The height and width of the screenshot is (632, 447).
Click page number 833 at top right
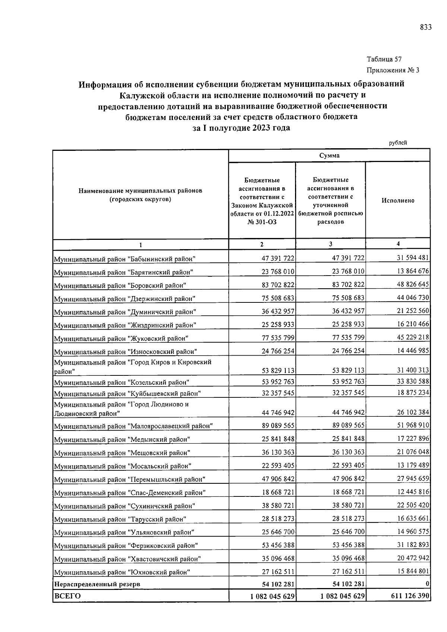[426, 27]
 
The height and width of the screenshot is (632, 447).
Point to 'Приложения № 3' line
[393, 70]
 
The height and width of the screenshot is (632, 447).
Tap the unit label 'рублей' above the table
[398, 143]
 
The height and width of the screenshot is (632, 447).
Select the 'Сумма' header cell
[329, 156]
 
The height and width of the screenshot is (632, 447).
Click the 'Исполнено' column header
[397, 200]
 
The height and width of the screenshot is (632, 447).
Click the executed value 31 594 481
[413, 258]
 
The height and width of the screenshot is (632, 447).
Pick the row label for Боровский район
[120, 286]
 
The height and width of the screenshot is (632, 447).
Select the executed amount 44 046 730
[413, 298]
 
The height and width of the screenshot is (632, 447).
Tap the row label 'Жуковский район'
[121, 339]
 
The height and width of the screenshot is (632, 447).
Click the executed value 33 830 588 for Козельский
[413, 382]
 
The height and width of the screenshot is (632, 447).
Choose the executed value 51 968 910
[413, 425]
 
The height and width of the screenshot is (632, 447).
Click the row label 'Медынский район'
[122, 439]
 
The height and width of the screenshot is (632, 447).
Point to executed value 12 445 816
[413, 492]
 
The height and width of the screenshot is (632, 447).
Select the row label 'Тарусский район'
[120, 519]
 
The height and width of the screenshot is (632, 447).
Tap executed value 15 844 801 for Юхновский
[413, 571]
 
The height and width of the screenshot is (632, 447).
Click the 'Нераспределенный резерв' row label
[97, 584]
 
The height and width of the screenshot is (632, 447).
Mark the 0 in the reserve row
[427, 583]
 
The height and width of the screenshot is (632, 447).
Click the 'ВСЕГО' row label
[67, 596]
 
